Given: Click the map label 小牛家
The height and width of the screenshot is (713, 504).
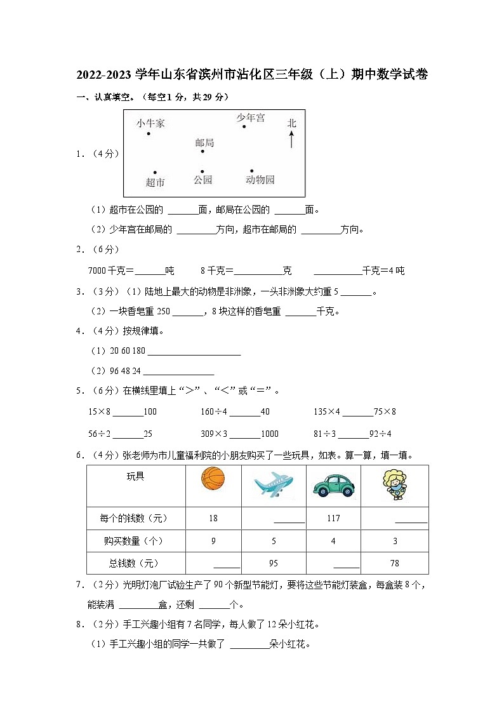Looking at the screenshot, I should click(150, 123).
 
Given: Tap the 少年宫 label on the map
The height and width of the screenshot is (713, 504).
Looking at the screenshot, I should click(251, 117).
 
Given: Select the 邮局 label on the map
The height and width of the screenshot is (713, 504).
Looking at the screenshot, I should click(204, 143).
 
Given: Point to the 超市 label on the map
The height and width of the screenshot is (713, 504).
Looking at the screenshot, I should click(155, 182).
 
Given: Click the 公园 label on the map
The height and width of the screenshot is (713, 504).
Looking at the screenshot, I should click(202, 180).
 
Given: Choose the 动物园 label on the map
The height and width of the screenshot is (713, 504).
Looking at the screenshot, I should click(260, 180).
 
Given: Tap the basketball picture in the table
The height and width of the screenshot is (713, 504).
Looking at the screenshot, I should click(213, 478).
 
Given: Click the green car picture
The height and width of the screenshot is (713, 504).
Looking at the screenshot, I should click(333, 486).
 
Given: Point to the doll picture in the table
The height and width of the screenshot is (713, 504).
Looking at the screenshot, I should click(394, 485).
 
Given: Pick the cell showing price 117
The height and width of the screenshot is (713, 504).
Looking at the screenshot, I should click(333, 519).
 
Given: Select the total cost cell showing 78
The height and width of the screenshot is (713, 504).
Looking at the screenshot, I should click(394, 563).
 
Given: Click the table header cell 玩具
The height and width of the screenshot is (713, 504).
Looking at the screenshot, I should click(135, 476).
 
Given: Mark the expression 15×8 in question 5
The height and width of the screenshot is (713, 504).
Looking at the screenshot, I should click(100, 412).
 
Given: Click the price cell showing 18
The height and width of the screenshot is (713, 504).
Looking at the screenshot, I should click(213, 519).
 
